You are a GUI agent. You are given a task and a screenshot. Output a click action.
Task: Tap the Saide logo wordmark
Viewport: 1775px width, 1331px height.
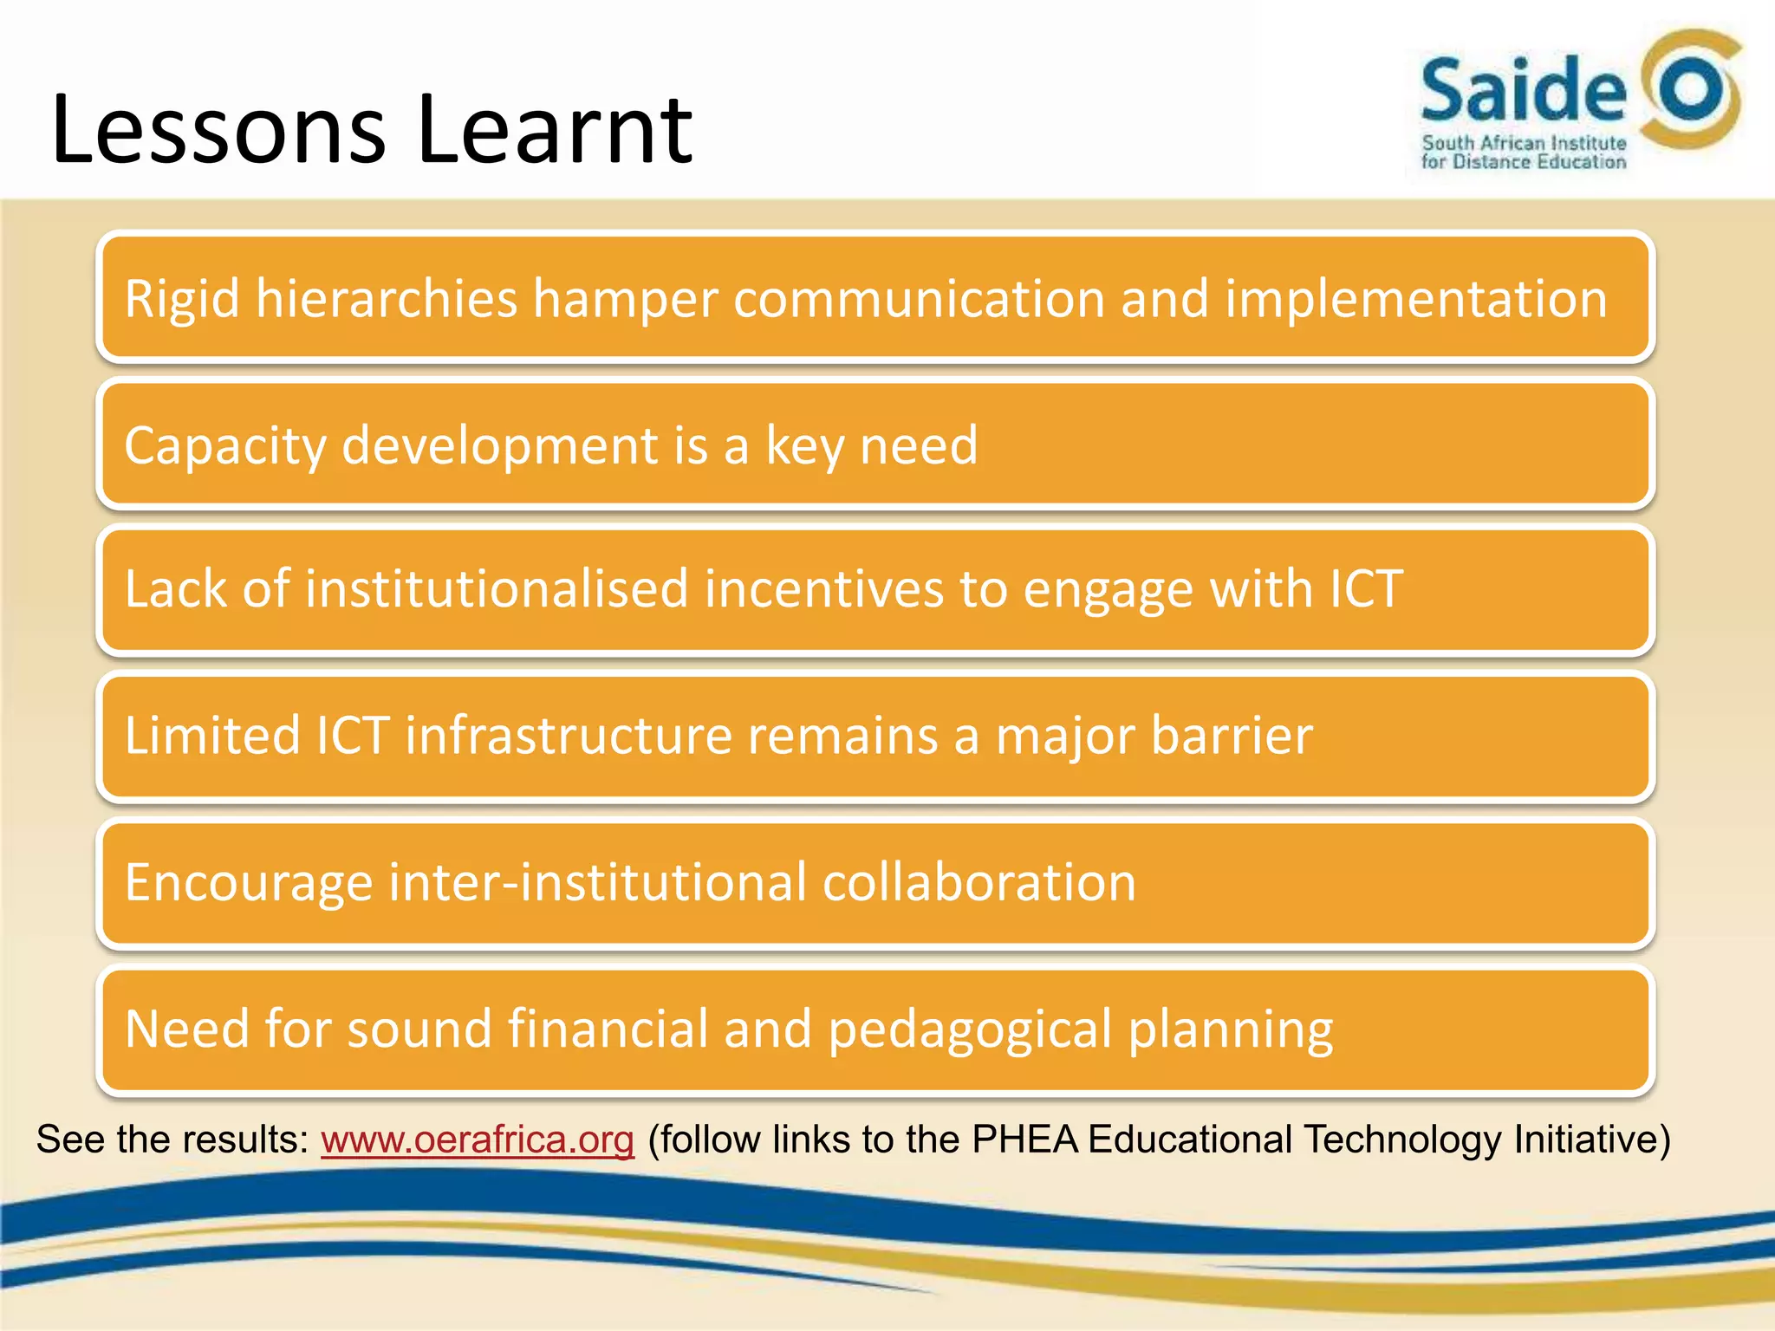[1523, 90]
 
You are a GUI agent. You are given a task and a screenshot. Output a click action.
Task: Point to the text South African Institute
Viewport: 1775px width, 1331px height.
[1524, 143]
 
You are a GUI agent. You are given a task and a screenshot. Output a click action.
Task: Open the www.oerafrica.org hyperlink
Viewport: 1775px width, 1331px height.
[478, 1139]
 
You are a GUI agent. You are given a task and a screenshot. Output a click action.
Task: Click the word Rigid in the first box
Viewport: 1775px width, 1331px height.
[182, 300]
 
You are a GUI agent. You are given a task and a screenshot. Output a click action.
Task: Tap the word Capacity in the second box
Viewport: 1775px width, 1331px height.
[224, 446]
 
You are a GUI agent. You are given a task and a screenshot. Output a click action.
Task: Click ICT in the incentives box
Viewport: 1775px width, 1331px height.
[1365, 589]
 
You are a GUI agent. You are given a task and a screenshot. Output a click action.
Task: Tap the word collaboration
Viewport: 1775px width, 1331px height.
[979, 883]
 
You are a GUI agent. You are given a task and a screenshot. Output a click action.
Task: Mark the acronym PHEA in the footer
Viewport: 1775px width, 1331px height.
[1025, 1139]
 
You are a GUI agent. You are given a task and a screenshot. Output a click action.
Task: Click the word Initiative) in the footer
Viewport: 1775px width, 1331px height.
[1591, 1139]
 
